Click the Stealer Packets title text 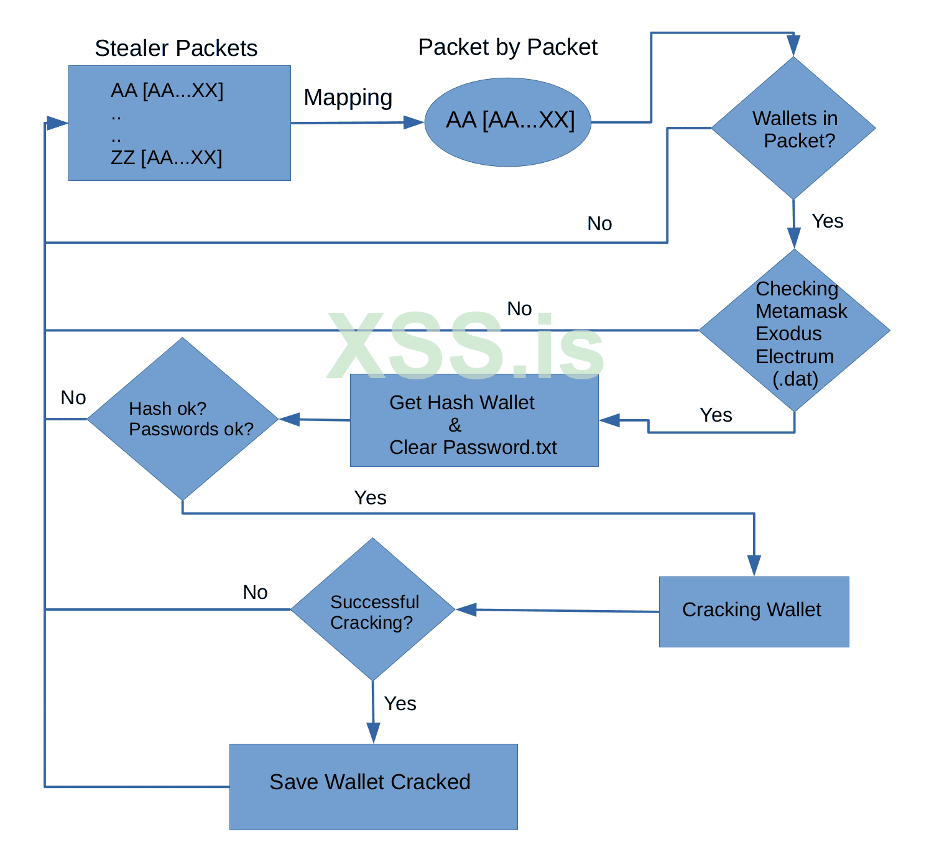pos(176,49)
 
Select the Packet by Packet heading pos(507,47)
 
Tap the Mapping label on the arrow pos(348,98)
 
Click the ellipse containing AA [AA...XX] pos(508,122)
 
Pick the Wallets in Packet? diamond pos(793,129)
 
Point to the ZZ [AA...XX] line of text pos(166,158)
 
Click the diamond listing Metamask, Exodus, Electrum pos(794,331)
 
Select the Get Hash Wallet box pos(474,420)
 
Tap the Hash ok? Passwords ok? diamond pos(182,419)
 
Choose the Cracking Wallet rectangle pos(754,611)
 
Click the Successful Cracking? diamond pos(372,609)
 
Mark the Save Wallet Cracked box pos(373,786)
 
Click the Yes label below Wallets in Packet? pos(827,221)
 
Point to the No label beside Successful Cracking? pos(255,592)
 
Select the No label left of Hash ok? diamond pos(73,398)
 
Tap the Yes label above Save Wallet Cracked pos(400,703)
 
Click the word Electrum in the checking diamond pos(795,356)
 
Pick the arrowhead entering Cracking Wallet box pos(754,566)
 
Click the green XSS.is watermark pos(465,346)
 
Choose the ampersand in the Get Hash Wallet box pos(455,425)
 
